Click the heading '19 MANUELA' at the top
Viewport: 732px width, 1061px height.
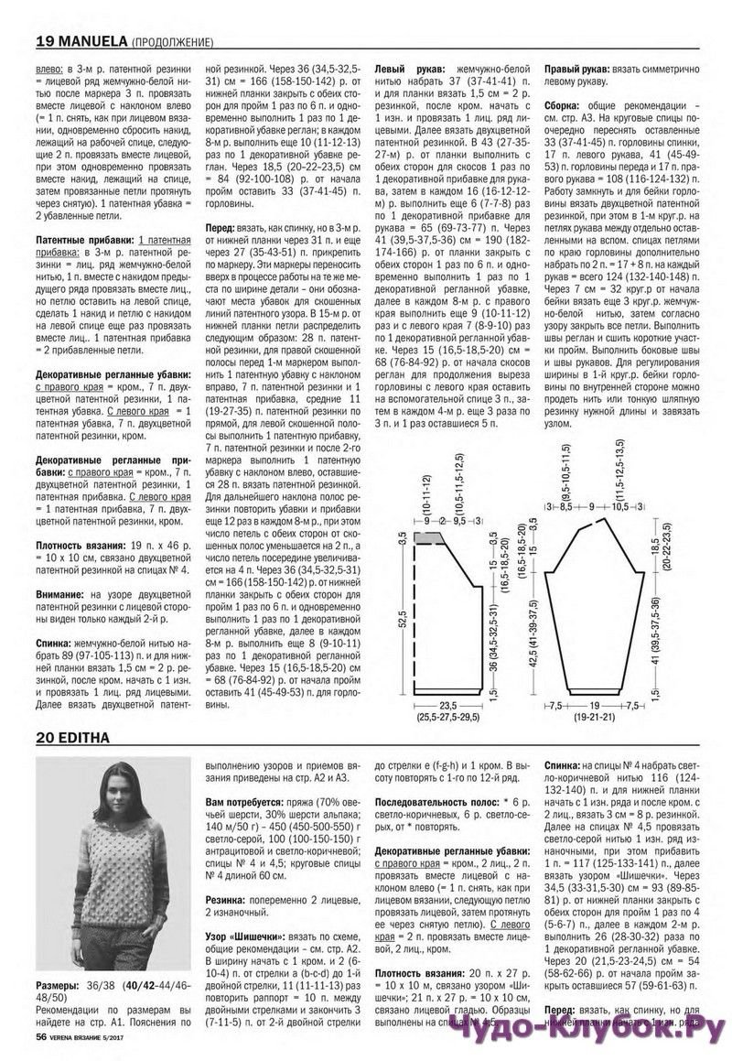pos(81,41)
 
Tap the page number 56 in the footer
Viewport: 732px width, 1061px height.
pos(41,1036)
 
